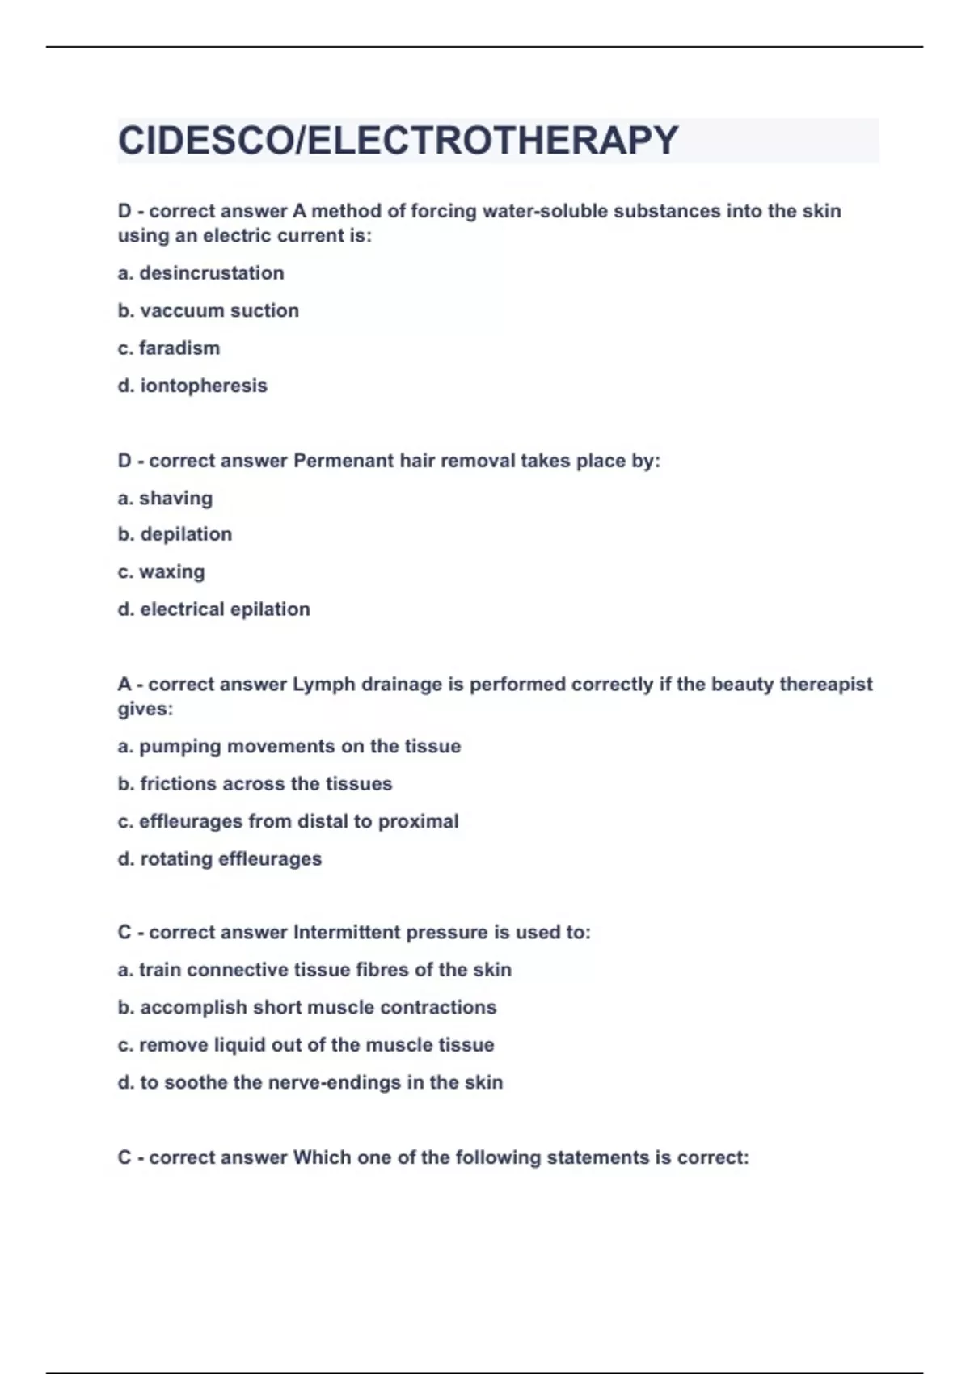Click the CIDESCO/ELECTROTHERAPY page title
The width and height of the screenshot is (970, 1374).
[x=398, y=141]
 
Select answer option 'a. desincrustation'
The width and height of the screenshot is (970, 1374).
[x=200, y=273]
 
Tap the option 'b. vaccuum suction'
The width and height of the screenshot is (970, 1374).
[x=208, y=310]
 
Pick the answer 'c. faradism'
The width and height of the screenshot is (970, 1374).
[x=168, y=348]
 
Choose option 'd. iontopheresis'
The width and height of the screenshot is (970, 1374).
[x=192, y=386]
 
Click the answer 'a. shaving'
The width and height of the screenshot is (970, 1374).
[x=165, y=498]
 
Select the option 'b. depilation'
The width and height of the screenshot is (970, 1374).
[x=175, y=534]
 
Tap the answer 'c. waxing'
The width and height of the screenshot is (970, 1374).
[x=161, y=571]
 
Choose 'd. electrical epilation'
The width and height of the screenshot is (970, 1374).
[x=213, y=609]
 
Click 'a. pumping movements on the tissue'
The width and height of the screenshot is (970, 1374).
[x=289, y=746]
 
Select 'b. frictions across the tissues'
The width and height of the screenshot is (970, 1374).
[x=255, y=784]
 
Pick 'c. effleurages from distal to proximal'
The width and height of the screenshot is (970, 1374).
[x=288, y=821]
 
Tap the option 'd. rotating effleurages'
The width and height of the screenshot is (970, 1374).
[x=219, y=858]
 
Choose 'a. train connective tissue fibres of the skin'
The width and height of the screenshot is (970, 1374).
[x=314, y=970]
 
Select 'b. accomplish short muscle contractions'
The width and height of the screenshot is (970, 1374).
[x=306, y=1007]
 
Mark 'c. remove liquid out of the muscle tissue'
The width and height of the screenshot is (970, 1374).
[x=306, y=1045]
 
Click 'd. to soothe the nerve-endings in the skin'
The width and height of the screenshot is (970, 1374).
[x=310, y=1082]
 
